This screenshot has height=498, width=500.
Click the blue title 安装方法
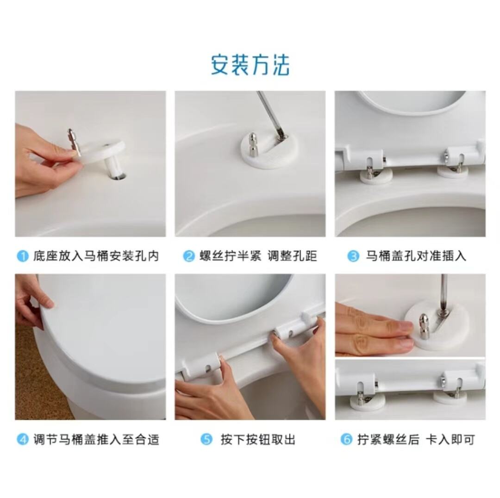(x=250, y=65)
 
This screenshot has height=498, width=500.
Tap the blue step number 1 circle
(x=23, y=256)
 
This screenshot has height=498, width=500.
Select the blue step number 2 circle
(x=189, y=256)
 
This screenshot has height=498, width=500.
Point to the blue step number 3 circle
(x=353, y=256)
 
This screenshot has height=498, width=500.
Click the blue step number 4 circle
(x=23, y=439)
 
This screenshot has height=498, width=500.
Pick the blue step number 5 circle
(x=206, y=439)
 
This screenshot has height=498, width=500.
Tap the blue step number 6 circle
(x=346, y=439)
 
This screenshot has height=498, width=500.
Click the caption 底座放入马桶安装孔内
(x=96, y=256)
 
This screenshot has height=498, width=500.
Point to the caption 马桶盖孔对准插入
(x=416, y=256)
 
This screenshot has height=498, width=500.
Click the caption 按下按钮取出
(x=258, y=439)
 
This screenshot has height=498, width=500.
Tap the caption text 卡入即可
(x=450, y=439)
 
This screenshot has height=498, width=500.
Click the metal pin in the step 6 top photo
(x=424, y=326)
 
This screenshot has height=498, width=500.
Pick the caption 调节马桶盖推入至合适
(x=96, y=439)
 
